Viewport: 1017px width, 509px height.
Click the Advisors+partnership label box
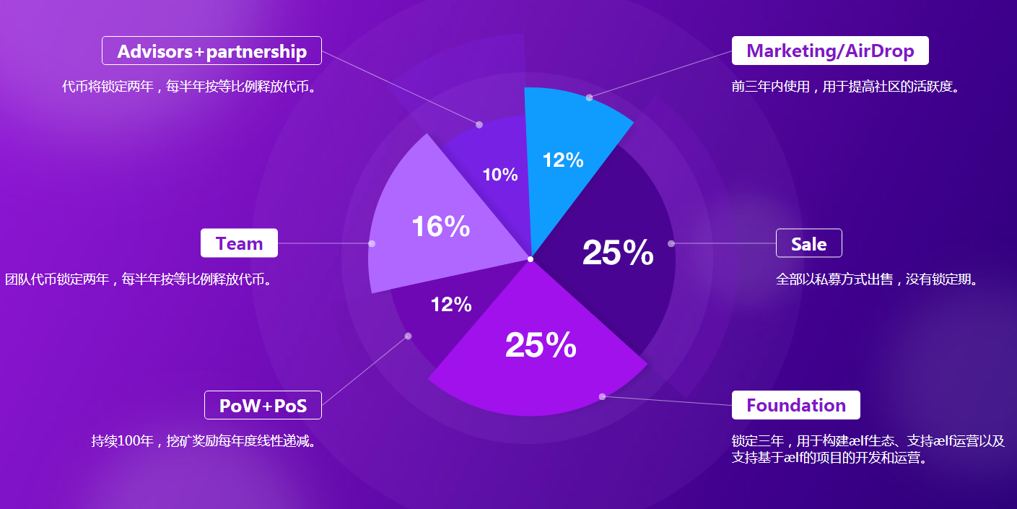pos(211,51)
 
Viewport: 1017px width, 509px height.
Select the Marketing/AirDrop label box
pos(830,51)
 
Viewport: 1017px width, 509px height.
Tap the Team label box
pos(239,243)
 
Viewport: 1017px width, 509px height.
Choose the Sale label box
pos(808,243)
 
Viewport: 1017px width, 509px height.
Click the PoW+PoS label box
pos(263,405)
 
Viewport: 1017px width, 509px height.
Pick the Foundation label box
pos(795,405)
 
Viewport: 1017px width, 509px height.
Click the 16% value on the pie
pos(440,227)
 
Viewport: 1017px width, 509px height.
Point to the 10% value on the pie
pos(500,175)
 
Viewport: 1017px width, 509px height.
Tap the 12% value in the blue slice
pos(563,160)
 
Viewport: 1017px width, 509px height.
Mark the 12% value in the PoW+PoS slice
pos(451,305)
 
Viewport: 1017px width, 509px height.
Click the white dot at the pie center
pos(531,259)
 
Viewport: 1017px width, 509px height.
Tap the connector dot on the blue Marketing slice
pos(589,97)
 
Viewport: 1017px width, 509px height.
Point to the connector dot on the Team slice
pos(372,243)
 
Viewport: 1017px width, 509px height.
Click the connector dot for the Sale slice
pos(671,243)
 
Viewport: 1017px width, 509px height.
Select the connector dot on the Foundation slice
pos(602,396)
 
